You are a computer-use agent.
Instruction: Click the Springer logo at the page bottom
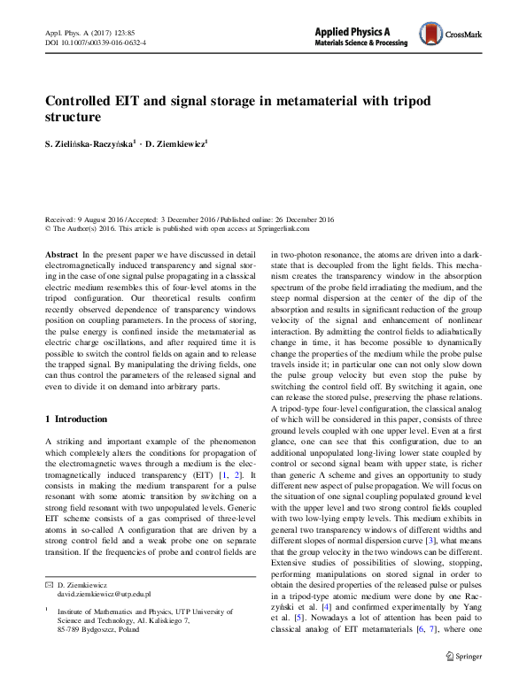[463, 681]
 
